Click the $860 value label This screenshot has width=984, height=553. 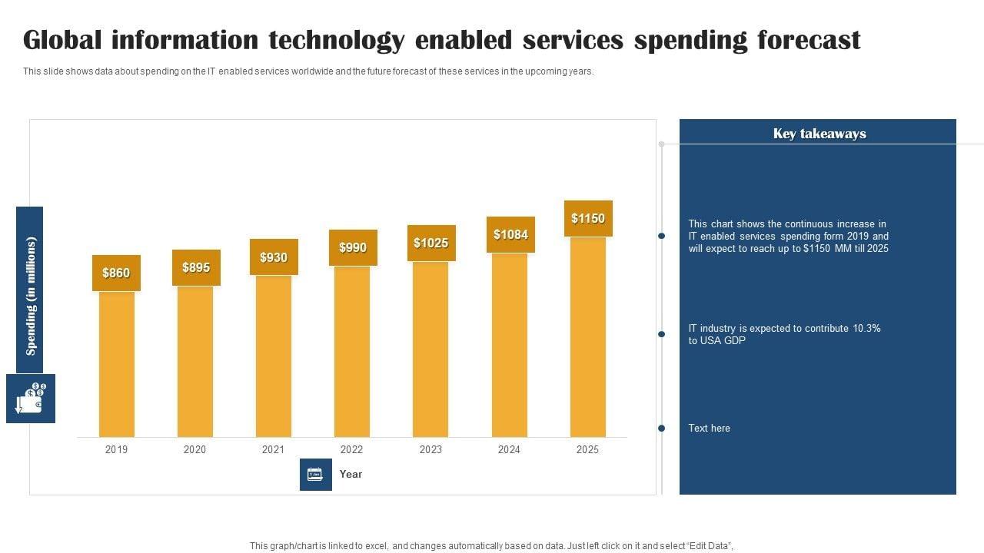click(x=116, y=273)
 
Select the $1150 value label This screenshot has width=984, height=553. click(x=588, y=218)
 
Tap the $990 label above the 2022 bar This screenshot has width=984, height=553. click(x=353, y=247)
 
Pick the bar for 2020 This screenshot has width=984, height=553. click(x=195, y=361)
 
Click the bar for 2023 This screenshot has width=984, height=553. click(x=430, y=349)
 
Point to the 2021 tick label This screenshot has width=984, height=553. click(x=273, y=449)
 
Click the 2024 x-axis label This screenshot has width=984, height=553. click(x=509, y=449)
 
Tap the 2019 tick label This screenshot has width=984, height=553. click(x=117, y=449)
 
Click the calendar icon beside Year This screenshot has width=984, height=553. click(x=315, y=474)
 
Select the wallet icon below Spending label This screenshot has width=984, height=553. click(x=31, y=398)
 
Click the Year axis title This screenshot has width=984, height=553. click(x=351, y=474)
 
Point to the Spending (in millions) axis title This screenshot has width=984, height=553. click(x=31, y=296)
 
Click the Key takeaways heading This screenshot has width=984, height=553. click(x=819, y=134)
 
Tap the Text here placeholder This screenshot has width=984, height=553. click(x=709, y=428)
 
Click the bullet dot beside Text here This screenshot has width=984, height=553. click(x=661, y=428)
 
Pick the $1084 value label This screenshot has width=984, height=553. click(x=510, y=234)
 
